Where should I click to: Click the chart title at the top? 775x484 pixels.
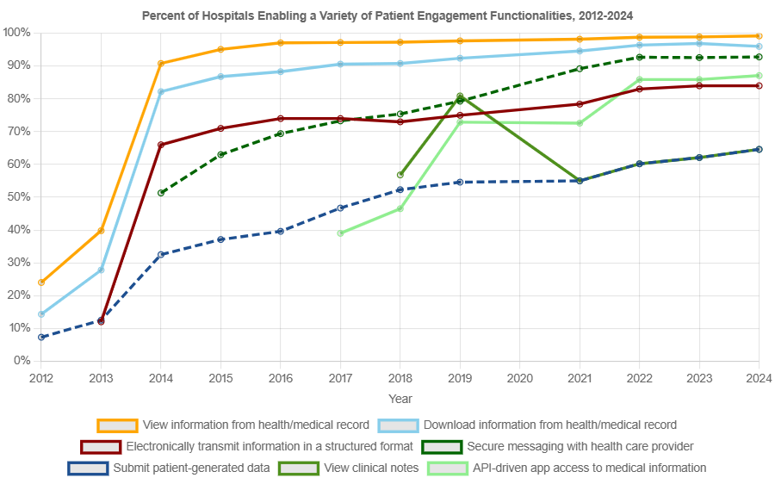click(387, 16)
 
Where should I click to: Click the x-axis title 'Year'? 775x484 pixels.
click(400, 399)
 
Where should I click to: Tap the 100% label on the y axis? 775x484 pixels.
click(17, 32)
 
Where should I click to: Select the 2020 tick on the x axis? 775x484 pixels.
click(519, 378)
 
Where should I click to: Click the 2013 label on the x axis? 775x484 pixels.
click(101, 378)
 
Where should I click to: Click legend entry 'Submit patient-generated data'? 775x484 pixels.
click(191, 468)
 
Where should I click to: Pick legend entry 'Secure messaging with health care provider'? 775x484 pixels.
click(580, 446)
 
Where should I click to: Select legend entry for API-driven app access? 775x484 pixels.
click(589, 468)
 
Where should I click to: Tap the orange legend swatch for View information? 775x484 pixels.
click(118, 425)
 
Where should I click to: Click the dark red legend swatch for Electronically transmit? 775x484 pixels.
click(101, 446)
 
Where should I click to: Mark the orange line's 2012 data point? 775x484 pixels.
click(41, 282)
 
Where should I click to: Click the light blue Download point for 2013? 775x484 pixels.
click(101, 270)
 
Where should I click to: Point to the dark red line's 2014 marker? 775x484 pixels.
click(161, 145)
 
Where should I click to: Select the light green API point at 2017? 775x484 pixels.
click(340, 233)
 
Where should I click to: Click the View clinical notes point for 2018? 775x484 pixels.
click(400, 175)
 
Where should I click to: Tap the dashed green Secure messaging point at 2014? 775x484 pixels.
click(161, 193)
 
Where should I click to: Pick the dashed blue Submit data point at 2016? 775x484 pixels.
click(280, 231)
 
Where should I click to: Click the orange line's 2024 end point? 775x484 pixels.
click(758, 36)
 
